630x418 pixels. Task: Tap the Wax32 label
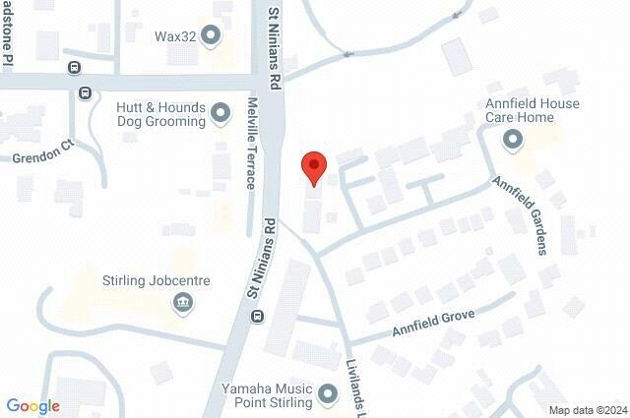click(176, 36)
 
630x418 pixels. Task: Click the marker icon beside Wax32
click(210, 36)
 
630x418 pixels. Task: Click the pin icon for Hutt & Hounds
click(220, 114)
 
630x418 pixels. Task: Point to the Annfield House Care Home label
click(533, 110)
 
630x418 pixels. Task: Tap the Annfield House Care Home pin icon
click(512, 141)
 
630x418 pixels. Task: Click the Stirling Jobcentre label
click(157, 280)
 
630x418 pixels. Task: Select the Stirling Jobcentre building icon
click(182, 302)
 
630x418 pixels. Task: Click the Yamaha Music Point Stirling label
click(268, 394)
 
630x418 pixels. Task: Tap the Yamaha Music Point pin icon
click(330, 395)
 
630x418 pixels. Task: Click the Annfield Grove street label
click(433, 322)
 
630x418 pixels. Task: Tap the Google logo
click(32, 406)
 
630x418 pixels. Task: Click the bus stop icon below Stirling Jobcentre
click(257, 317)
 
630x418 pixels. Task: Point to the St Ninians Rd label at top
click(275, 42)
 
